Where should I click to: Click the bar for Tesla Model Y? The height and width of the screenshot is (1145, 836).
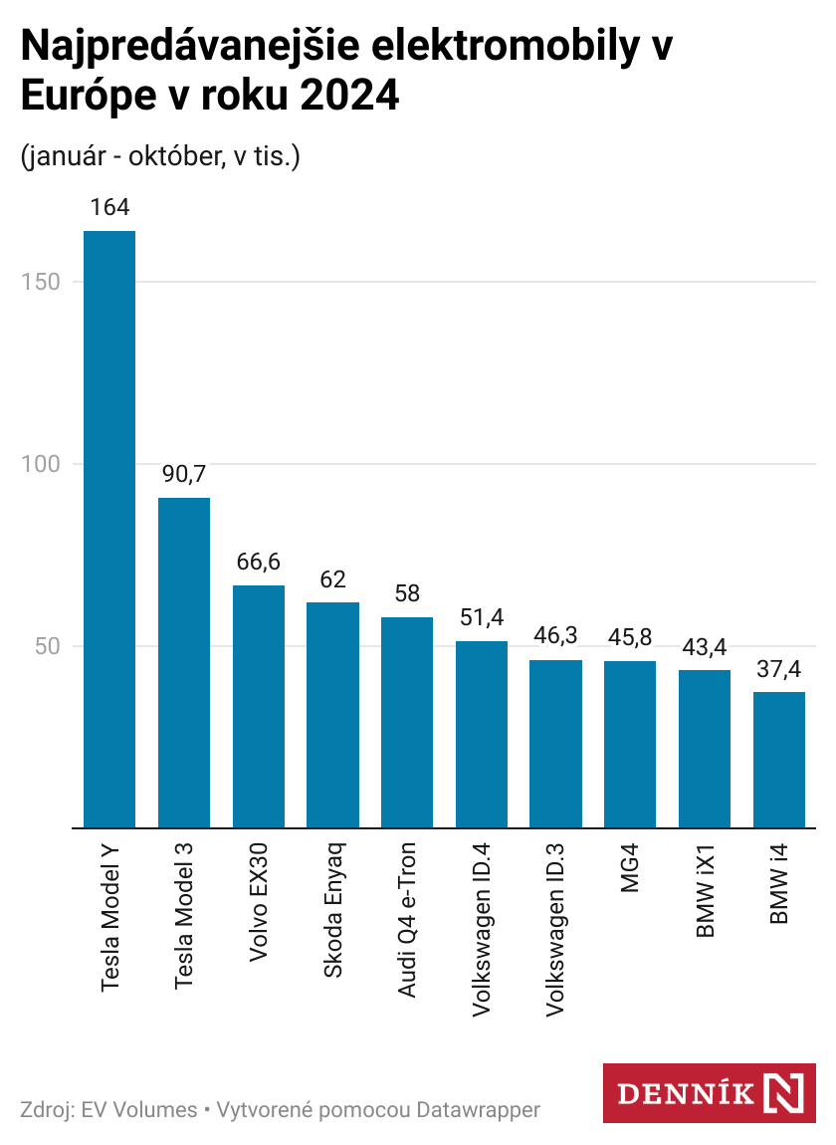click(109, 528)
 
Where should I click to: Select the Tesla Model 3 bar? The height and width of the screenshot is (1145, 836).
click(184, 662)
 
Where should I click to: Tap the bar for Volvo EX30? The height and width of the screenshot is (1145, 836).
click(259, 706)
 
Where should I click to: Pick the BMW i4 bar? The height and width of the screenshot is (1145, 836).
click(779, 759)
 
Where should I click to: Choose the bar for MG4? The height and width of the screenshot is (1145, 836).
click(630, 744)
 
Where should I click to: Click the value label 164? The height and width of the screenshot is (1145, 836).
click(109, 208)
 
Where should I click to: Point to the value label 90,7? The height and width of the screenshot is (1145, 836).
click(184, 474)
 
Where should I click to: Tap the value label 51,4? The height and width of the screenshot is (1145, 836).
click(482, 617)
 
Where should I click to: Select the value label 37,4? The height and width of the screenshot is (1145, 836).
click(779, 668)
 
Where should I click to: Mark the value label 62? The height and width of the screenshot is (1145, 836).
click(332, 579)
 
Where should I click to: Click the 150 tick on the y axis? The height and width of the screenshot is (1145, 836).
click(41, 282)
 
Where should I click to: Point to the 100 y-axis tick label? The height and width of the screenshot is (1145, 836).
click(41, 464)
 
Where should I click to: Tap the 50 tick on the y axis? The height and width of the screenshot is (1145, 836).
click(47, 646)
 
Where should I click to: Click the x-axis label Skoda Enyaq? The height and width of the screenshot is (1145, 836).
click(333, 909)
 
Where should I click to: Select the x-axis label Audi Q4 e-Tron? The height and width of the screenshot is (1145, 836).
click(407, 920)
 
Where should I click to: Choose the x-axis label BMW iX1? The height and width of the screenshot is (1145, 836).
click(705, 892)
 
